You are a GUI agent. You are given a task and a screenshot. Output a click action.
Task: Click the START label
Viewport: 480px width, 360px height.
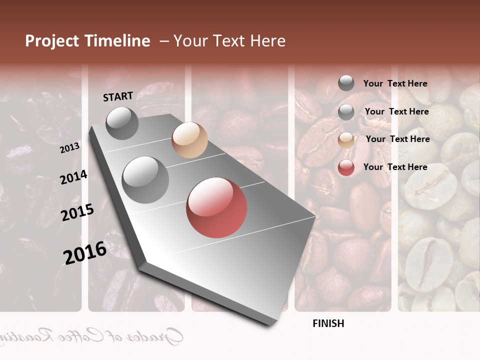click(118, 96)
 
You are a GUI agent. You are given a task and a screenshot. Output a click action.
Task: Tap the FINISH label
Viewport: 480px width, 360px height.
click(328, 323)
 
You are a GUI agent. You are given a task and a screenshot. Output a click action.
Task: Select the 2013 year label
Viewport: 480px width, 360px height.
click(69, 148)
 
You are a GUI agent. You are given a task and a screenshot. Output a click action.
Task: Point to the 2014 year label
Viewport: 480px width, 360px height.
click(73, 177)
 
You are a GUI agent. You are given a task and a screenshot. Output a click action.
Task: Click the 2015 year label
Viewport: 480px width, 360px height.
click(77, 212)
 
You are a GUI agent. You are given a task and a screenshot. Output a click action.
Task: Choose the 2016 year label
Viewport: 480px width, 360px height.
click(85, 252)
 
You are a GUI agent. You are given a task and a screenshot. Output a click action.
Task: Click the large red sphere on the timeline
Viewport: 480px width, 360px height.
click(216, 207)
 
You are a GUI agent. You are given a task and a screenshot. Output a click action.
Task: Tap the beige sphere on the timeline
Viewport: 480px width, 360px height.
click(189, 140)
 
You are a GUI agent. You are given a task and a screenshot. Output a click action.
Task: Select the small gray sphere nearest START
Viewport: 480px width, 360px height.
click(122, 123)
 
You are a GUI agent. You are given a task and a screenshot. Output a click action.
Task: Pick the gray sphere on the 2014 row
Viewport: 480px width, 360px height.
click(145, 179)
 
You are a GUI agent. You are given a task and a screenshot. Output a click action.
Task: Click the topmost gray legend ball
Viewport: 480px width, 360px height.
click(346, 83)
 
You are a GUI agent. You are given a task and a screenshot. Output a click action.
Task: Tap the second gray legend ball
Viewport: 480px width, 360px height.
click(346, 112)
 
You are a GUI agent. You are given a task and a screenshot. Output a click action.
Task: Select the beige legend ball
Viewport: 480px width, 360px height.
click(346, 140)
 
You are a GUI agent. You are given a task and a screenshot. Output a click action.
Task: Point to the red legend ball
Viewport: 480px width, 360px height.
click(346, 167)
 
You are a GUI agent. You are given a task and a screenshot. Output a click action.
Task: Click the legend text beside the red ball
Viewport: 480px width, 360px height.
click(395, 167)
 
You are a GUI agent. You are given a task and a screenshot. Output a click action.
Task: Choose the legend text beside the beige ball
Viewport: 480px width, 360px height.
click(397, 139)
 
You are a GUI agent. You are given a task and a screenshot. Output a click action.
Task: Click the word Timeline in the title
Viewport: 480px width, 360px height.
click(117, 41)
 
